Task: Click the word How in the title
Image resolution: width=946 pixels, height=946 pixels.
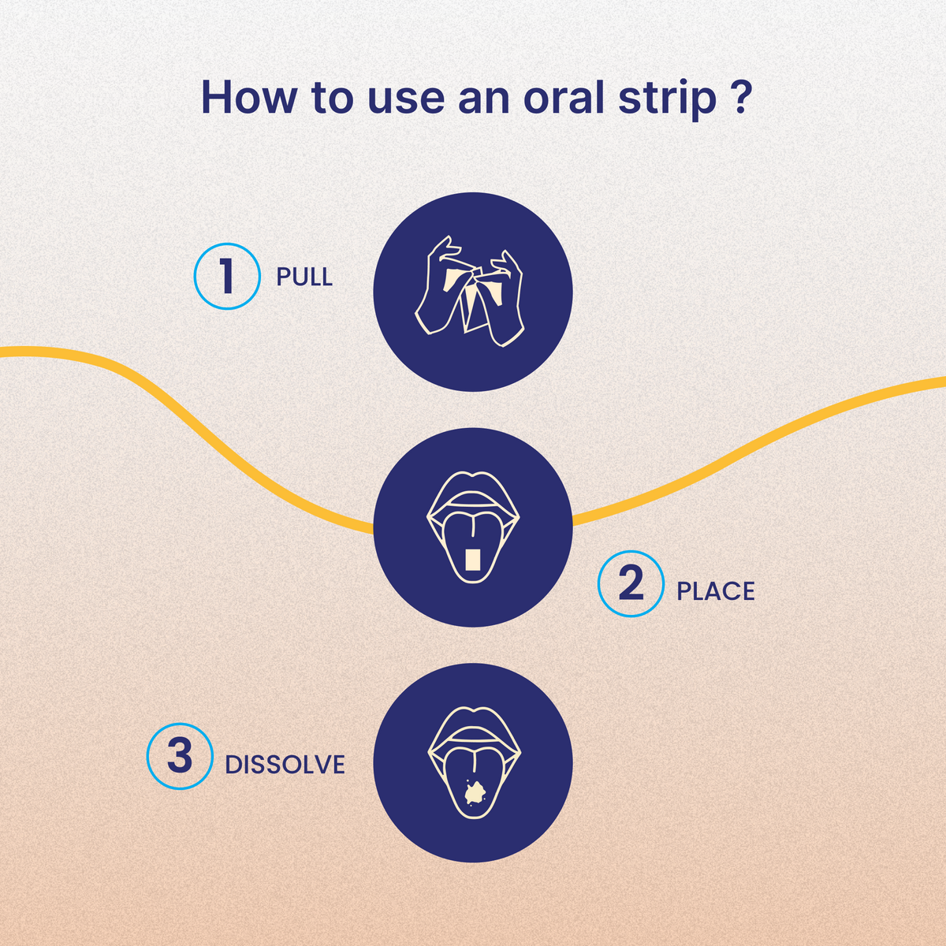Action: [x=248, y=97]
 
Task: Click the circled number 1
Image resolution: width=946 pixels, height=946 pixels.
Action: [x=227, y=276]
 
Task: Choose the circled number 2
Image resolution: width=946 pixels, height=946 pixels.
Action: [x=631, y=583]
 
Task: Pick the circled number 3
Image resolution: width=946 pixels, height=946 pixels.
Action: [x=180, y=756]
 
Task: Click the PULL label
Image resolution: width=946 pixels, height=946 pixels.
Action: [x=304, y=277]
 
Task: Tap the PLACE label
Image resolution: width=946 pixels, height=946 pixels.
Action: [x=716, y=591]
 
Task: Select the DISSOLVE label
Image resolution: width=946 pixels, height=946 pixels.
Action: [x=285, y=765]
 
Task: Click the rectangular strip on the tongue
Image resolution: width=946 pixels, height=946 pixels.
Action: [x=472, y=561]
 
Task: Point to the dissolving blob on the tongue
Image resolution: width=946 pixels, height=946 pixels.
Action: [x=474, y=791]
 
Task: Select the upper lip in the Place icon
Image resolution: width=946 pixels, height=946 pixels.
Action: [x=473, y=486]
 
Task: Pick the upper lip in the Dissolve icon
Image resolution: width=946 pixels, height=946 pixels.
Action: [x=473, y=721]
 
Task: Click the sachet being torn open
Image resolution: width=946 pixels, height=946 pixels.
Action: [x=472, y=300]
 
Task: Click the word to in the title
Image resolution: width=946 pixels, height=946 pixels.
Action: [x=332, y=99]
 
